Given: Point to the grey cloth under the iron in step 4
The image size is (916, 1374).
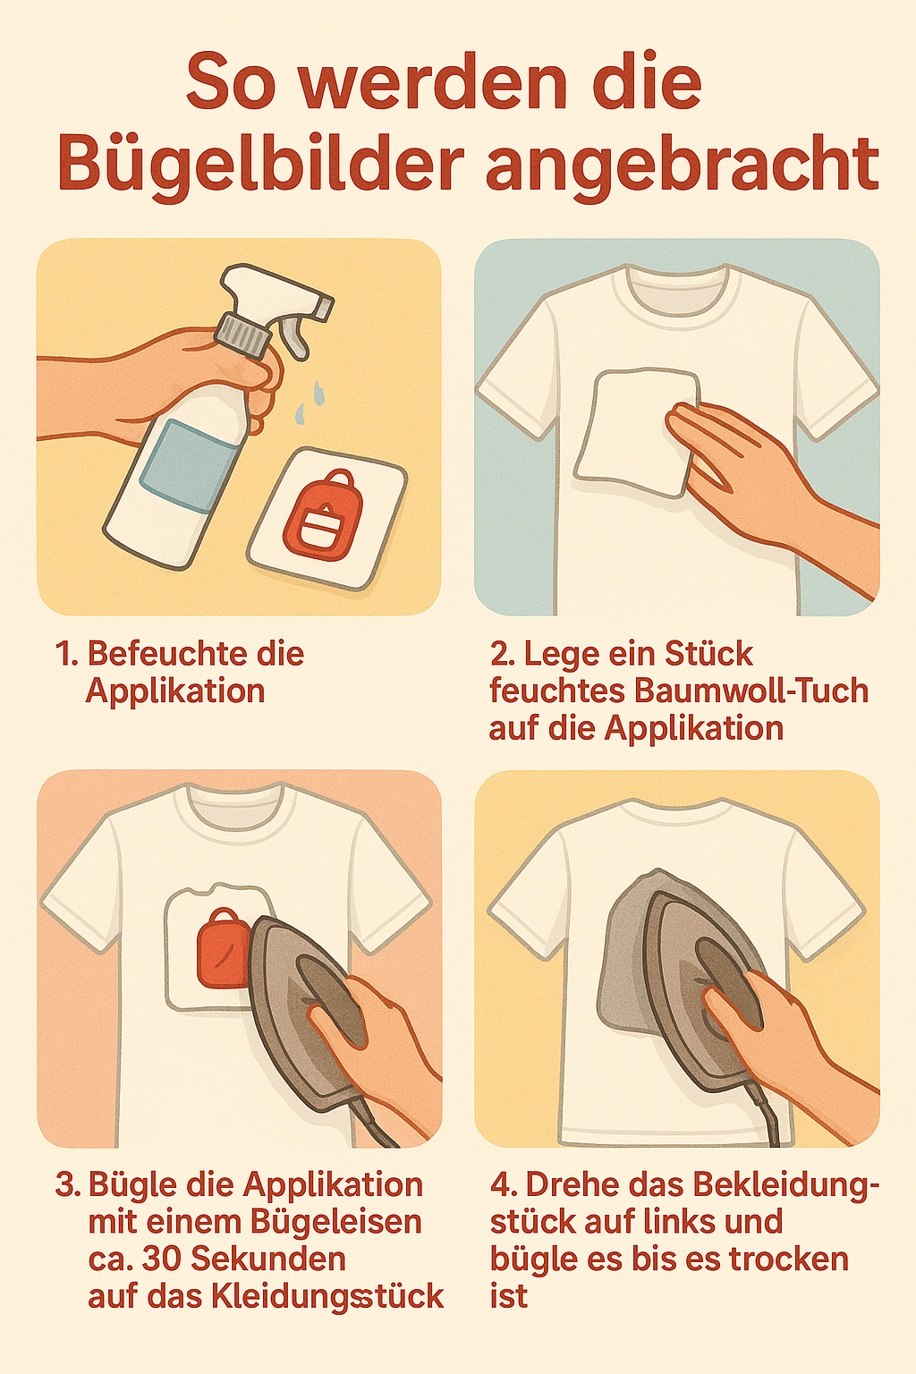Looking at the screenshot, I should (x=626, y=966).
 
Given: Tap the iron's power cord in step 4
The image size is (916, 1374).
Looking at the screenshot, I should (x=769, y=1123).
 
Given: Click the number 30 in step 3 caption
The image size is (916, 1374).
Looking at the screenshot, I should (x=161, y=1259).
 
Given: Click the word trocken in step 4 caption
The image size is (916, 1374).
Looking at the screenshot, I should (x=788, y=1259).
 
